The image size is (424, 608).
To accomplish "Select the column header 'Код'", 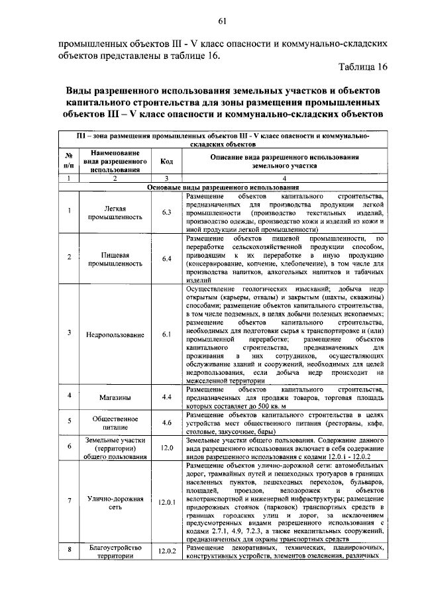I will tap(166, 160).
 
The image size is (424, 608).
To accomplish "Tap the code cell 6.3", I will tap(166, 212).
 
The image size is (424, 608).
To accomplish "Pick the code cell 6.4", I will tap(166, 258).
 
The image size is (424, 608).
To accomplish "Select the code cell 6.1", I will tap(166, 334).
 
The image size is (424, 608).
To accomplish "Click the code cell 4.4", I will tap(166, 397).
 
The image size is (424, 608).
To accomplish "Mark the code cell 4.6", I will tap(166, 423).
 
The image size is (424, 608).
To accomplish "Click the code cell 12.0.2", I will tap(166, 552).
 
